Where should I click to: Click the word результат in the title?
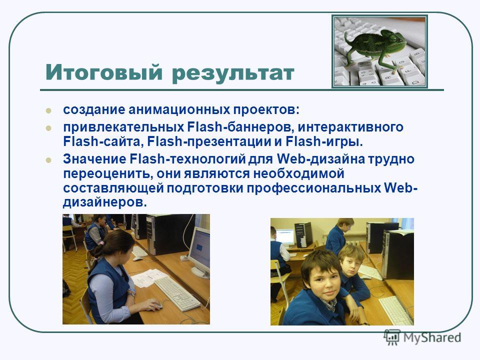pos(233,74)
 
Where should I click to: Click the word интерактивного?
pos(350,126)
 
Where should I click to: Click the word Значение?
pos(94,159)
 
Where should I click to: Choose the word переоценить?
pos(108,174)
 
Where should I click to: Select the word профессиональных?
pos(313,188)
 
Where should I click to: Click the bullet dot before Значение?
pos(48,160)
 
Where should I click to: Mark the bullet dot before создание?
pos(48,110)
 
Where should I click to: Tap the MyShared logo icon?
pos(392,337)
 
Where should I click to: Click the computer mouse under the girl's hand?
pos(155,305)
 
